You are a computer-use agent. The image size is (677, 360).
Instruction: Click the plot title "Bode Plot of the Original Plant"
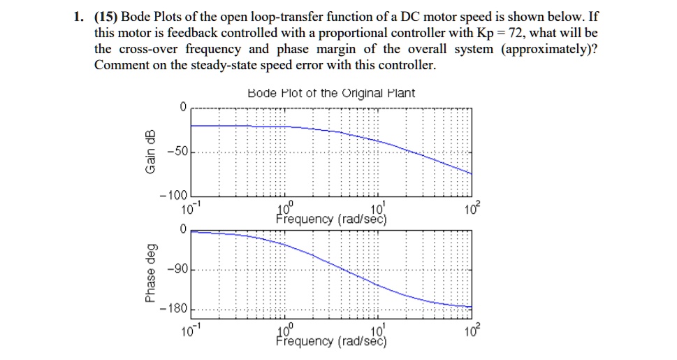point(331,93)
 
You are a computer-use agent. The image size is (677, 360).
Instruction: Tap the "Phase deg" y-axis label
point(150,272)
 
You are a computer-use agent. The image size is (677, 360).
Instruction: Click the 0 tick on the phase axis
point(182,229)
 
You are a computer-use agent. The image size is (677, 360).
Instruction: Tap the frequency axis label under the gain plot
point(331,220)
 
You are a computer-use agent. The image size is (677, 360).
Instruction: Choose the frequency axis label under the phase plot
point(331,342)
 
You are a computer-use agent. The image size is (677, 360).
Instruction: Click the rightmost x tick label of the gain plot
point(472,209)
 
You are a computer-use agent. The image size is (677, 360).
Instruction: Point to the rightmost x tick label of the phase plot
point(472,330)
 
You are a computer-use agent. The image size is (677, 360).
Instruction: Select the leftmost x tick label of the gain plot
point(191,209)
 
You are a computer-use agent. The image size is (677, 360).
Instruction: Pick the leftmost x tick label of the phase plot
point(191,330)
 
